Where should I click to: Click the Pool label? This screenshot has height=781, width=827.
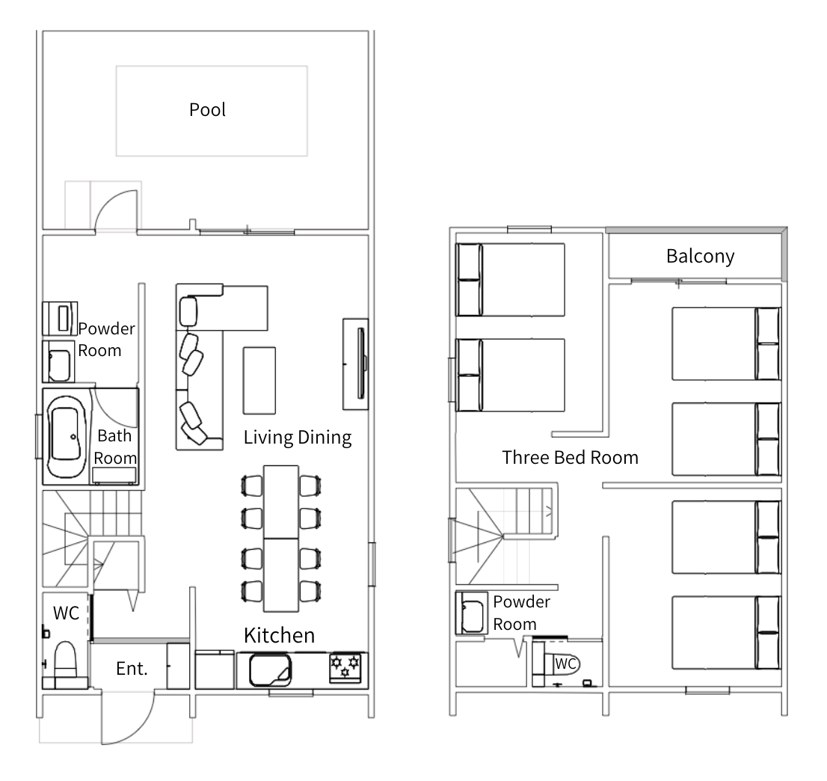(207, 110)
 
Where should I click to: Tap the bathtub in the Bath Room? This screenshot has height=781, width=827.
(67, 436)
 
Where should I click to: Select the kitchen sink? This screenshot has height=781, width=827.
(270, 670)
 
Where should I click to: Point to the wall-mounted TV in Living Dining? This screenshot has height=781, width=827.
(361, 364)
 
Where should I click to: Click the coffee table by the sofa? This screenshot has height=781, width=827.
(259, 381)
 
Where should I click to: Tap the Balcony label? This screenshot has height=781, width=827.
(700, 256)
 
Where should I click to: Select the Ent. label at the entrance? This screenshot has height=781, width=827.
(132, 669)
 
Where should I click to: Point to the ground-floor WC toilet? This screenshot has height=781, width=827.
(65, 662)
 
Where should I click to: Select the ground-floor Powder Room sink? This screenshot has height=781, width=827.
(58, 362)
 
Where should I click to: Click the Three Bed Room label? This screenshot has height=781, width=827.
(570, 458)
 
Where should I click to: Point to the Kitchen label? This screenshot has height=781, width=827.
(279, 635)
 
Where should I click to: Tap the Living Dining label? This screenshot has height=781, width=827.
(298, 438)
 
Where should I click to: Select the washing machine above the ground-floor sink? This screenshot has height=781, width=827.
(60, 318)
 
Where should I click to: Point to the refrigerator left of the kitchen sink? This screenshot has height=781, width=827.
(215, 670)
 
